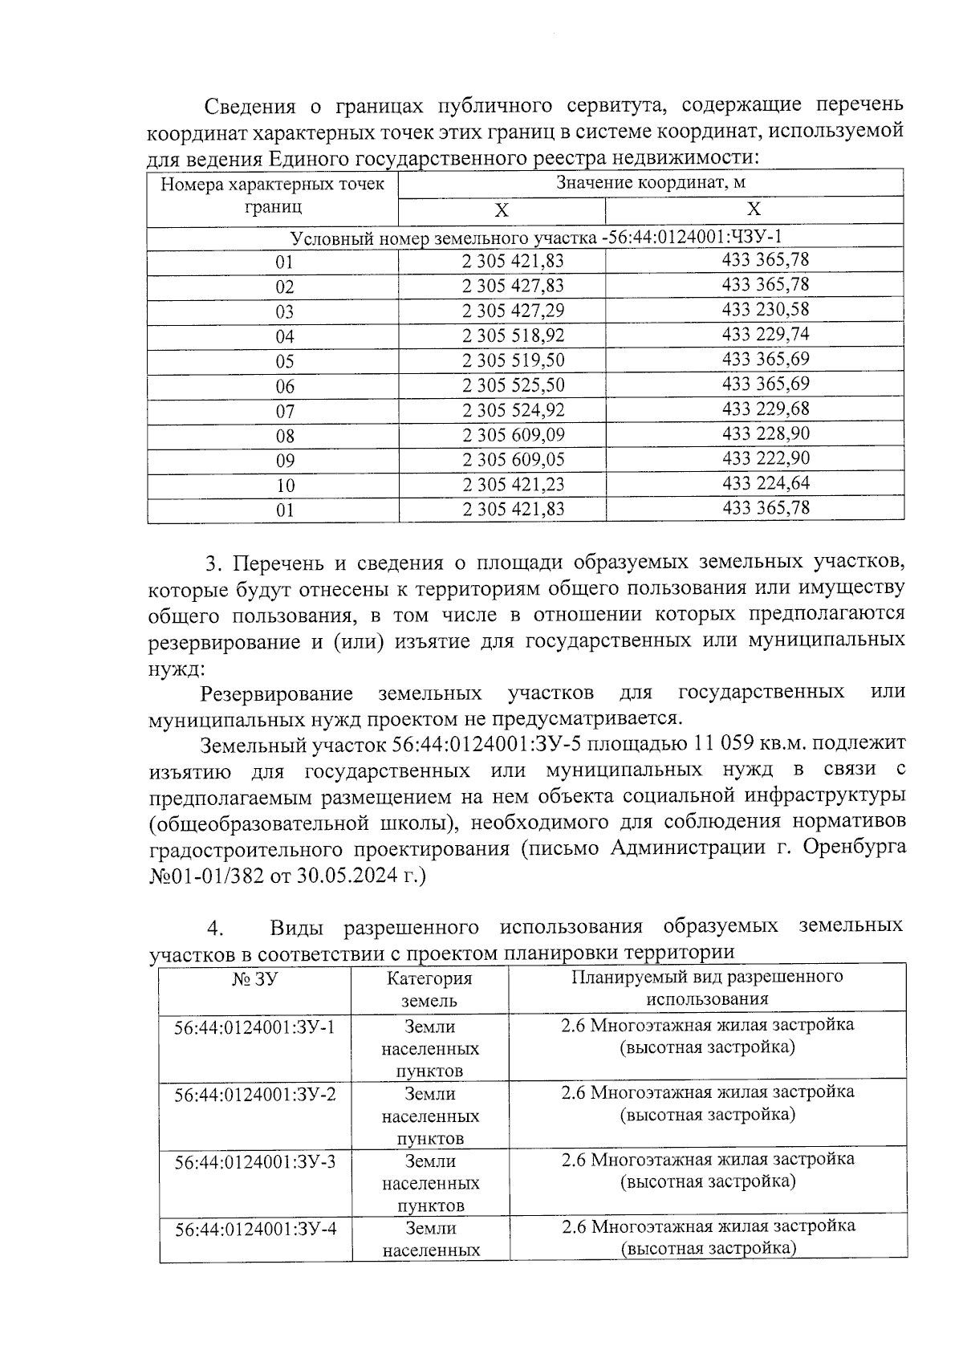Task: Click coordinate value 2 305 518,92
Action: pyautogui.click(x=513, y=336)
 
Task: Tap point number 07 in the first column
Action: pyautogui.click(x=285, y=412)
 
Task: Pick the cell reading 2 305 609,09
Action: pyautogui.click(x=513, y=436)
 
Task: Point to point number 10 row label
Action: pyautogui.click(x=285, y=486)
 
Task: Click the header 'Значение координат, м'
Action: pyautogui.click(x=651, y=183)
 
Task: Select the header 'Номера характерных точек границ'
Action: pyautogui.click(x=273, y=196)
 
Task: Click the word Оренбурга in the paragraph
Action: pyautogui.click(x=855, y=848)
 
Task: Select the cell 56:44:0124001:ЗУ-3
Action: pyautogui.click(x=254, y=1161)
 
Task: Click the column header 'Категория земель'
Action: pyautogui.click(x=429, y=989)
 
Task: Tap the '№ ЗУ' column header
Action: pyautogui.click(x=254, y=978)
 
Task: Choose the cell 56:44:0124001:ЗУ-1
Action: pyautogui.click(x=254, y=1027)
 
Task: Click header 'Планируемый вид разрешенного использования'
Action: pyautogui.click(x=707, y=987)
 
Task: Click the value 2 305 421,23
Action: pyautogui.click(x=513, y=485)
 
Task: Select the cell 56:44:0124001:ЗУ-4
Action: pyautogui.click(x=254, y=1228)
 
